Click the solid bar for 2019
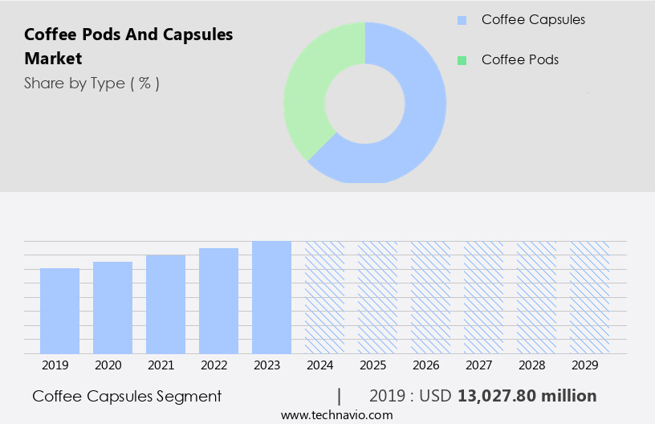59,311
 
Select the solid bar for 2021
165,304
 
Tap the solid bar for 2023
271,297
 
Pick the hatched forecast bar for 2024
324,297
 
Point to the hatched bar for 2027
483,297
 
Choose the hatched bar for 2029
589,297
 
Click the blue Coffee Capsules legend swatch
462,20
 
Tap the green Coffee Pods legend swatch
462,60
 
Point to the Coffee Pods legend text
519,60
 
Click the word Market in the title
53,59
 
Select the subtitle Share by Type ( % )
92,83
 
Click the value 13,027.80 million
527,396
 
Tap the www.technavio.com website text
337,414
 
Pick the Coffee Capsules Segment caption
127,396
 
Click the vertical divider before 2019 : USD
340,396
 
